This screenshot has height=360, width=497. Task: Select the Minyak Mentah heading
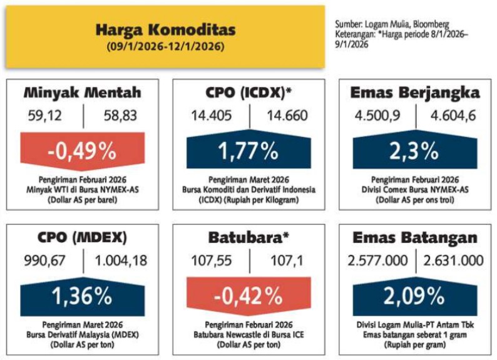[83, 93]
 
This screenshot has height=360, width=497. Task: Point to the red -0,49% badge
[83, 150]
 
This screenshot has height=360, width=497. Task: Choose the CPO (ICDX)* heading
[249, 93]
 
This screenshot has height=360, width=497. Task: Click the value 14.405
[212, 115]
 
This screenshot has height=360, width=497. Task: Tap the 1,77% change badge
[248, 150]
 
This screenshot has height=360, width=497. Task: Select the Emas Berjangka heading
[416, 93]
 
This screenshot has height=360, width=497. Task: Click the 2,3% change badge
[416, 150]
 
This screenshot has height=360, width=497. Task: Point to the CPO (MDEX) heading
[83, 239]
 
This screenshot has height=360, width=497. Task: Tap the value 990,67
[46, 260]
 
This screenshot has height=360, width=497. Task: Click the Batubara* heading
[249, 239]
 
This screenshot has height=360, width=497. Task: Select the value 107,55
[212, 260]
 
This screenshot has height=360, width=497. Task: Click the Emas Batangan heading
[416, 239]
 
